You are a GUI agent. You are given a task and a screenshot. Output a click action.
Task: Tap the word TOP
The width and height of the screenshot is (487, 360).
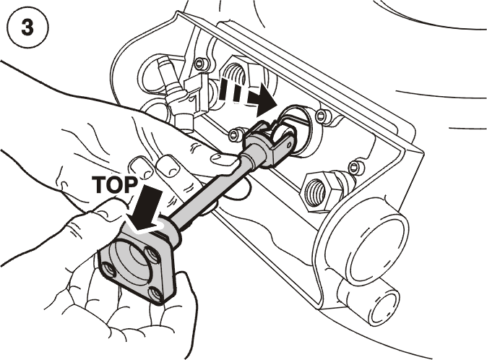tap(115, 185)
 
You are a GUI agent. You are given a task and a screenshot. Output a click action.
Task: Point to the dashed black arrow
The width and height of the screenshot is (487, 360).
tap(247, 95)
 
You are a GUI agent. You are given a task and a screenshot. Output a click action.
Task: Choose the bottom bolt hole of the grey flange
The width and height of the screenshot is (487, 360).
tap(155, 293)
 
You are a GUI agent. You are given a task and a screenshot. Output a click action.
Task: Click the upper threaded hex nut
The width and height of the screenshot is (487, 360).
tap(235, 73)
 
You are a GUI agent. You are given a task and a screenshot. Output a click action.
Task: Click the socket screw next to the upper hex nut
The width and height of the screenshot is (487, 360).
tap(200, 64)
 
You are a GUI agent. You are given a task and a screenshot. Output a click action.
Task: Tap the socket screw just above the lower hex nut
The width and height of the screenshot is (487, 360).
tap(354, 167)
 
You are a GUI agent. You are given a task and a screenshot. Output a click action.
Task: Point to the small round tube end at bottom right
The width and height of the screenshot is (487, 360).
tap(386, 307)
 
